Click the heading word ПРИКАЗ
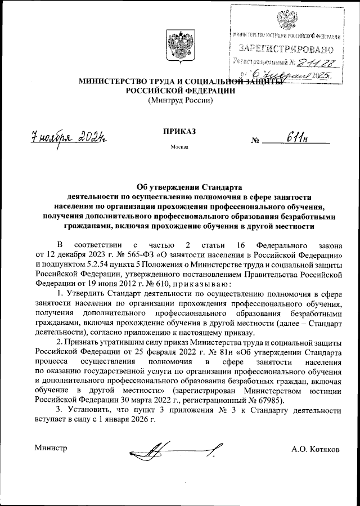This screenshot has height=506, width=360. point(179,131)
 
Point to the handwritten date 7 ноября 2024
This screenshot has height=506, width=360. point(70,137)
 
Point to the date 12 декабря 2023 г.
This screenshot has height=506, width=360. point(78,255)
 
